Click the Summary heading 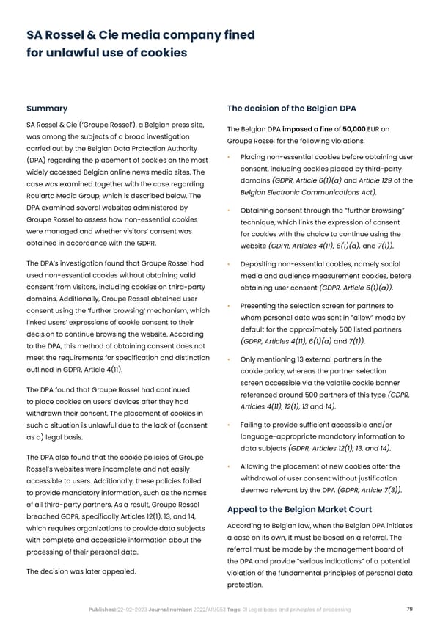[47, 109]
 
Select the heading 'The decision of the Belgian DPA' [293, 109]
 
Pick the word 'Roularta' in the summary [44, 196]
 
